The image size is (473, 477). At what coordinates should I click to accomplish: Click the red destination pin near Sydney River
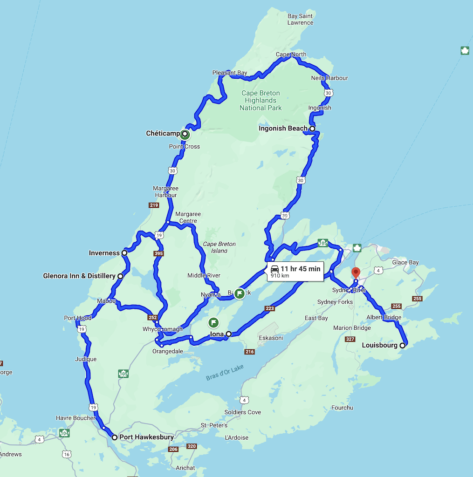coord(356,273)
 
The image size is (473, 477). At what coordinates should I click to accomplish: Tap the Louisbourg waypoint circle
coord(403,346)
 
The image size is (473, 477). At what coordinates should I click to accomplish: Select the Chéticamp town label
coord(163,134)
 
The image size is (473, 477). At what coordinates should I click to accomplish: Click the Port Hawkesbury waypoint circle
coord(115,437)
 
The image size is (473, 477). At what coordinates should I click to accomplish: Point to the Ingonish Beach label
coord(283,128)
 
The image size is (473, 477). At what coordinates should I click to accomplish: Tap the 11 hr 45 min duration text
coord(300,269)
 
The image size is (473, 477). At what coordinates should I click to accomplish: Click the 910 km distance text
coord(280,276)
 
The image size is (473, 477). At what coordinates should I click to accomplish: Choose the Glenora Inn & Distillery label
coord(79,276)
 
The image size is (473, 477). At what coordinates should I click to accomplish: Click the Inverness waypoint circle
coord(124,253)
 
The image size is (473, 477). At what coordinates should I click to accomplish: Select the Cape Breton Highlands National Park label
coord(260,100)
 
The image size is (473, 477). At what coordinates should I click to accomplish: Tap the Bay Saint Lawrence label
coord(300,19)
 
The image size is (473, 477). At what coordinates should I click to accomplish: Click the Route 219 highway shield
coord(154,205)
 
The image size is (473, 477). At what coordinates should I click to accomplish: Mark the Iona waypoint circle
coord(229,334)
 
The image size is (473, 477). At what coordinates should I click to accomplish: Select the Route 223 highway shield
coord(270,308)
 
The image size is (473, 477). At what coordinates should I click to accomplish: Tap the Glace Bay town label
coord(406,262)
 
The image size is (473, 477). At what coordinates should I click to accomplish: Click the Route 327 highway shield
coord(350,339)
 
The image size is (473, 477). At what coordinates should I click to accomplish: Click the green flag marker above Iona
coord(213,321)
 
